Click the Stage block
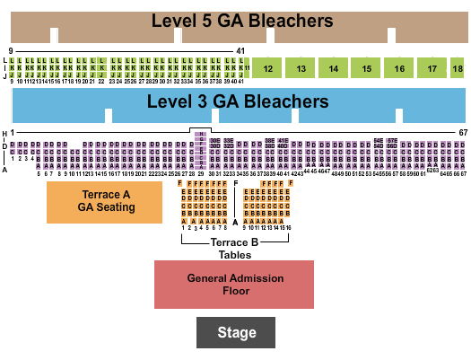point(234,333)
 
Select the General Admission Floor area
point(234,285)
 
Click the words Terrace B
point(234,242)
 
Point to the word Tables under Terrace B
point(234,254)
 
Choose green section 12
point(267,68)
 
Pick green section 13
point(301,68)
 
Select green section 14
point(333,68)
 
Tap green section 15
point(366,68)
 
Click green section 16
point(398,68)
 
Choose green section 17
point(432,68)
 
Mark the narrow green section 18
point(458,68)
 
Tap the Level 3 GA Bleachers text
point(239,101)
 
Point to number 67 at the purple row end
point(463,133)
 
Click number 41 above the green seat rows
point(240,51)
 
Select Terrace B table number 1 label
point(183,228)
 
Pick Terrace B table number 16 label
point(287,228)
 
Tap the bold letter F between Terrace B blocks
point(235,183)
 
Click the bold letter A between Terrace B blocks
point(235,221)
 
